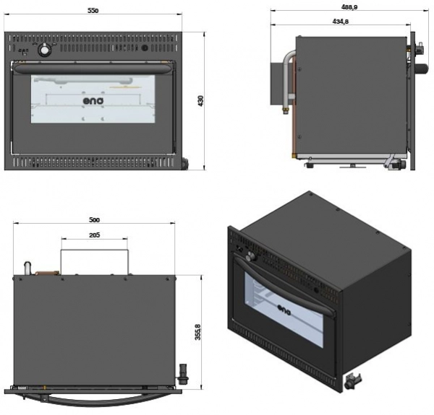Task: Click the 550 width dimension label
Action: click(93, 12)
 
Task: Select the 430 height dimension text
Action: click(201, 102)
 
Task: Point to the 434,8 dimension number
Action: click(341, 22)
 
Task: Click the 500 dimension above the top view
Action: click(93, 219)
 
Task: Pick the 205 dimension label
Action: click(95, 235)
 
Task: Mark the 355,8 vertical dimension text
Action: click(197, 332)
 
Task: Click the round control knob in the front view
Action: click(45, 49)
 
